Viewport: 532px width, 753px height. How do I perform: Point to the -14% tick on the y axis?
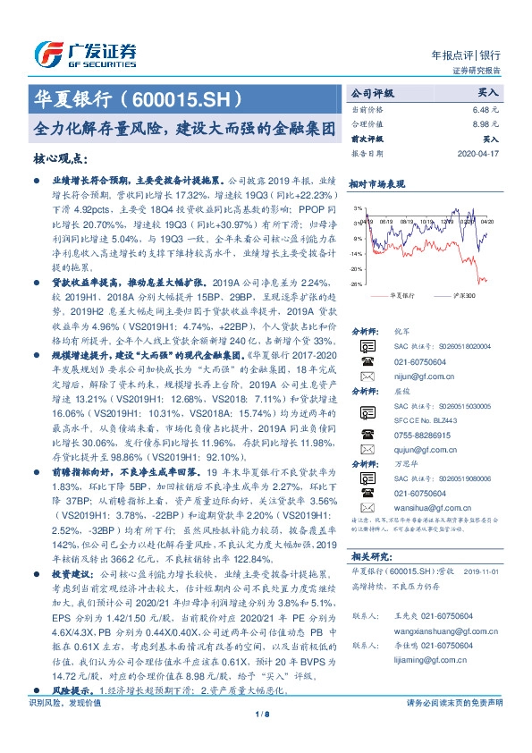[x=358, y=253]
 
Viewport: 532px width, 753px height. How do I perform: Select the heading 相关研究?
[x=369, y=555]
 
